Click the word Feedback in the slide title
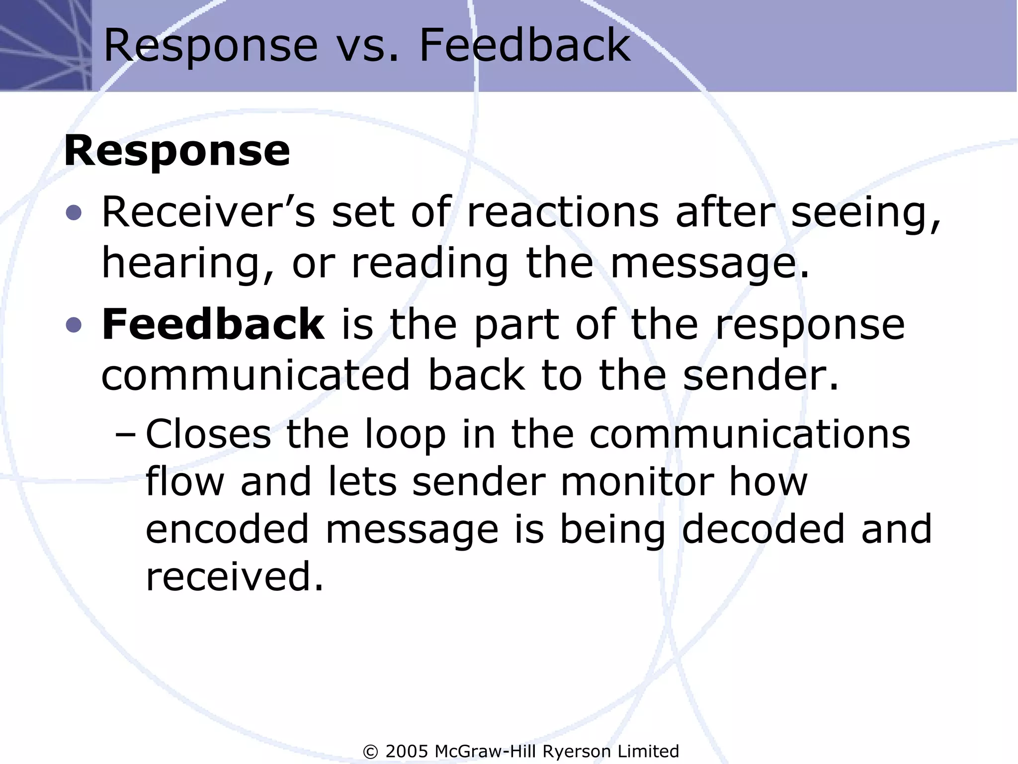[x=524, y=46]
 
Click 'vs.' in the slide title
[x=367, y=46]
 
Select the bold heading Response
[x=177, y=151]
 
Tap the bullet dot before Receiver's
[x=74, y=213]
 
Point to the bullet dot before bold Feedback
[x=74, y=325]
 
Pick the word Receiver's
[x=208, y=212]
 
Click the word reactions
[x=563, y=212]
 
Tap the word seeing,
[x=865, y=215]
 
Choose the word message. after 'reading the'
[x=710, y=265]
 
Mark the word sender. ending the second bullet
[x=761, y=375]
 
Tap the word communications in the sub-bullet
[x=750, y=434]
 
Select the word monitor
[x=637, y=481]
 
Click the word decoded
[x=763, y=529]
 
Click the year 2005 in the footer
[x=407, y=751]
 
